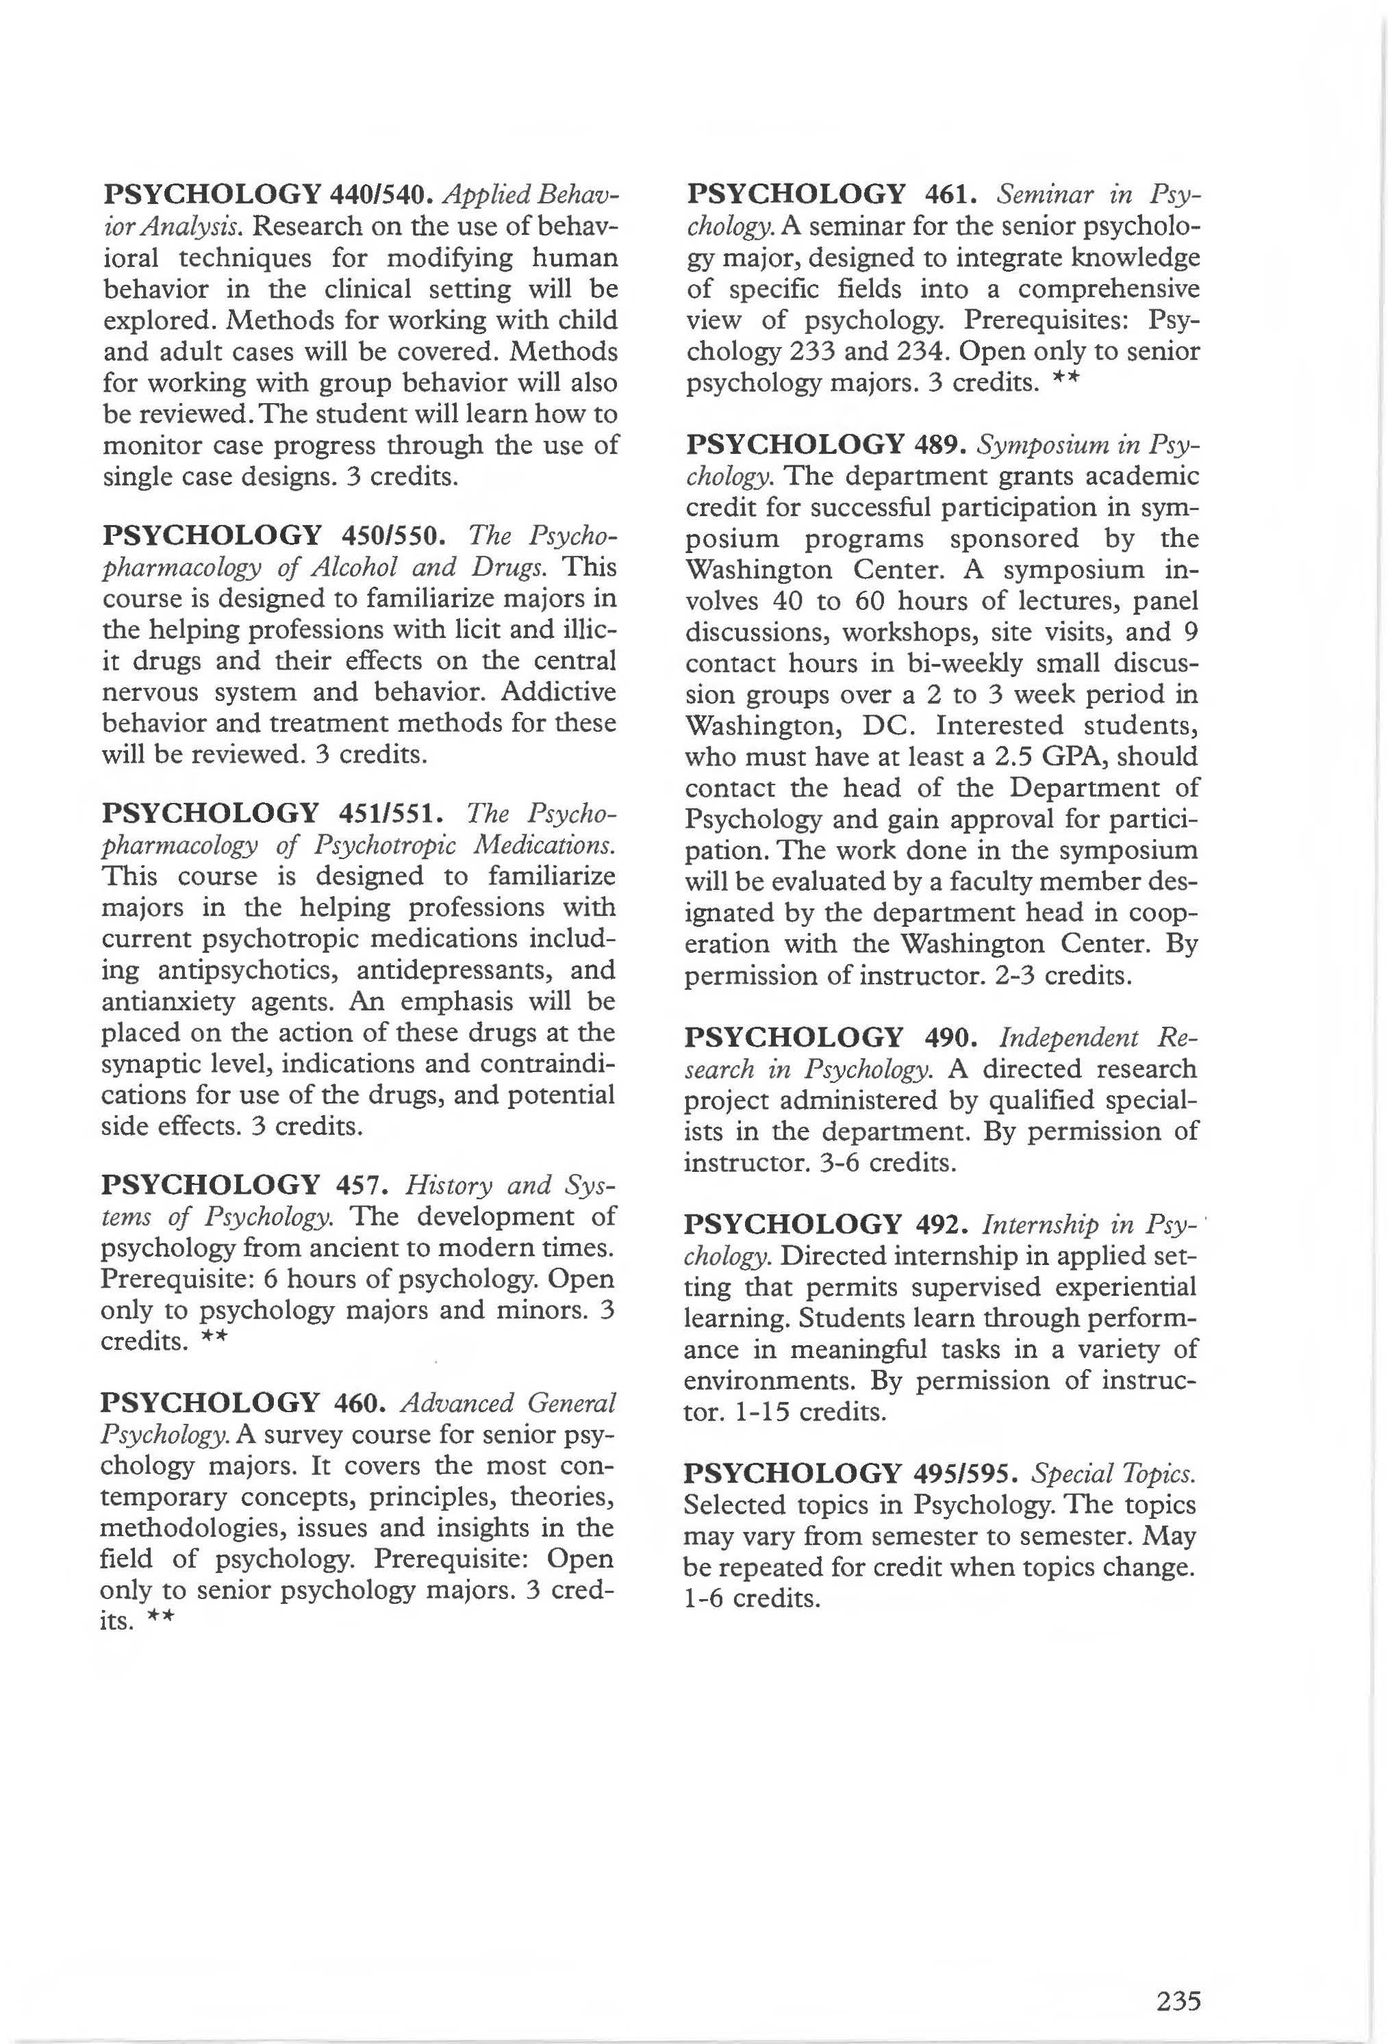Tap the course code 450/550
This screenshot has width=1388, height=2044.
tap(392, 535)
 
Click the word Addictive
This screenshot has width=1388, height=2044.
tap(559, 692)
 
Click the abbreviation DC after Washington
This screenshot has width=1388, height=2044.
tap(887, 726)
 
